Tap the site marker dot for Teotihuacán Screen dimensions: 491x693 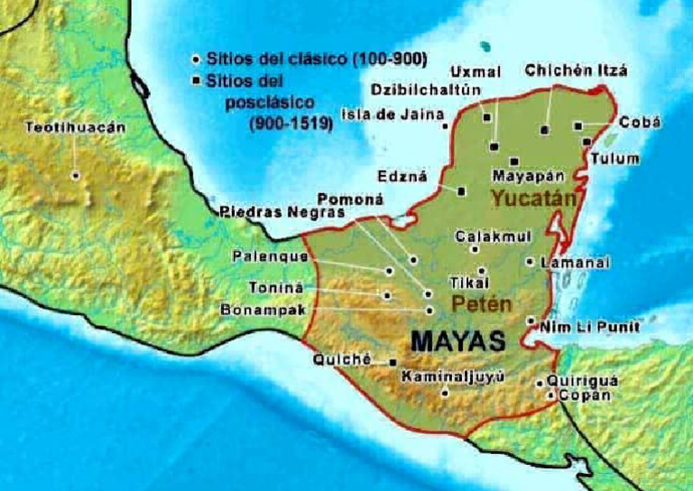[x=76, y=175]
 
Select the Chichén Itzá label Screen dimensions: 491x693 [x=575, y=70]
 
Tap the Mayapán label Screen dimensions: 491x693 [x=528, y=175]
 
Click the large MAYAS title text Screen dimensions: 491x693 [x=457, y=341]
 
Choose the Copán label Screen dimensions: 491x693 [x=584, y=395]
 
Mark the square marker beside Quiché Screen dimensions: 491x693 [x=393, y=362]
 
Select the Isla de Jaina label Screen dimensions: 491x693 [x=393, y=115]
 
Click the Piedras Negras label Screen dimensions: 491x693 [x=269, y=213]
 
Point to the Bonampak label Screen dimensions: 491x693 [x=263, y=310]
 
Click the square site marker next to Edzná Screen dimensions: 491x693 [x=461, y=190]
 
